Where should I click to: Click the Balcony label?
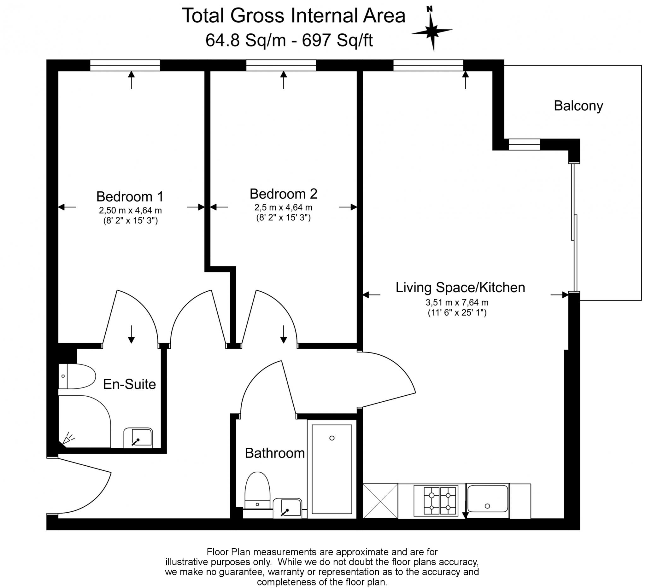click(578, 106)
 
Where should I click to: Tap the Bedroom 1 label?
click(130, 196)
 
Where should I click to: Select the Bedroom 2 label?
click(283, 194)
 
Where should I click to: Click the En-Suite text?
click(129, 384)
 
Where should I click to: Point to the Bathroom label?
click(275, 453)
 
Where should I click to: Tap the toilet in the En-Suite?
click(77, 376)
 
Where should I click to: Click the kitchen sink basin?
click(487, 499)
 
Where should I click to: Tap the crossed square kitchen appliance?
click(380, 501)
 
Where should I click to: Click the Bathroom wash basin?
click(287, 508)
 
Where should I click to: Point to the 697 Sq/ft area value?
click(337, 41)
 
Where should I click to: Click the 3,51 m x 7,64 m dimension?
click(457, 302)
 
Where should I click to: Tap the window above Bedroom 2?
click(281, 65)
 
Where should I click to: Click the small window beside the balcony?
click(524, 144)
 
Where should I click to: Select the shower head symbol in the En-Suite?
click(68, 439)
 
